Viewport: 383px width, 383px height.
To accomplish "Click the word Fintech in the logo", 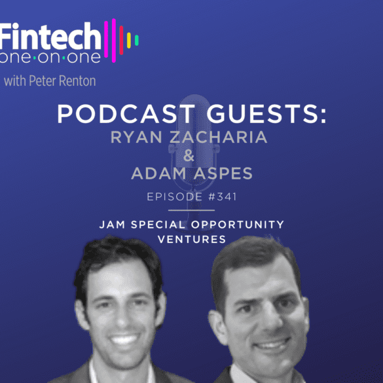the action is [50, 36].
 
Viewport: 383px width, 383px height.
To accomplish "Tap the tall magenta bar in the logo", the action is [113, 41].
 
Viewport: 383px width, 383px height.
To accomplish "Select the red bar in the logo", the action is [121, 40].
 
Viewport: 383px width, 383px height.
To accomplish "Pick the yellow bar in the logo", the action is [129, 41].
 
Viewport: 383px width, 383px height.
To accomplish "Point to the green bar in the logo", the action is [137, 41].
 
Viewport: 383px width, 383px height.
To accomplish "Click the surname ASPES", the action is [223, 173].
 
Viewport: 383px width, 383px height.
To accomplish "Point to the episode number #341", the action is [223, 196].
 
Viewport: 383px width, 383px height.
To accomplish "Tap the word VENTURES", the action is [192, 240].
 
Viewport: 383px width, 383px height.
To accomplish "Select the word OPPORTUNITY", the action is [237, 225].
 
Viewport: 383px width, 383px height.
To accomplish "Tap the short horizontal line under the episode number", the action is [191, 210].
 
